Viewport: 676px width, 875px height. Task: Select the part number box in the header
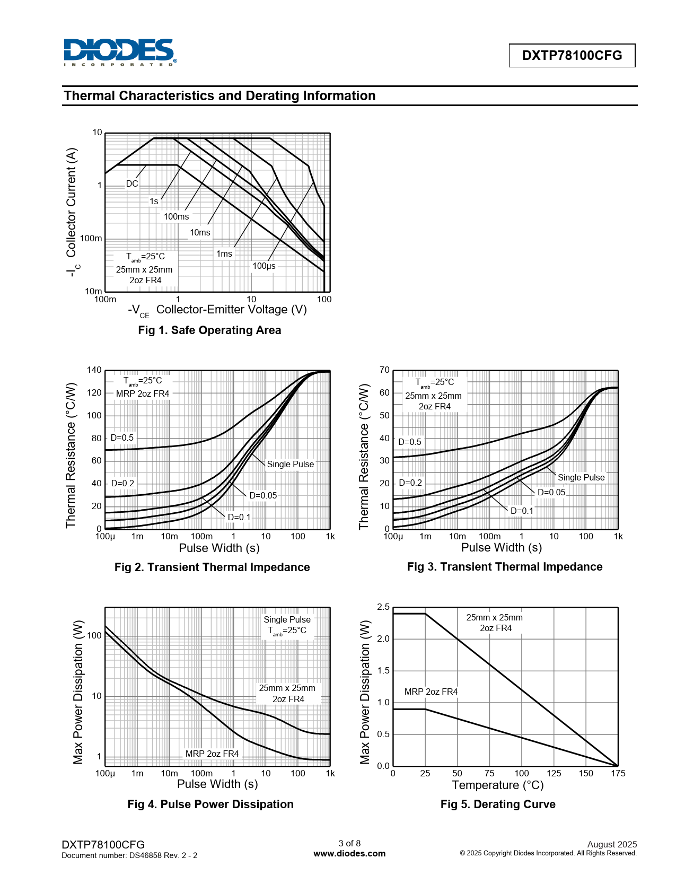pyautogui.click(x=572, y=56)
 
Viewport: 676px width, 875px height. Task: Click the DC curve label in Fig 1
pyautogui.click(x=132, y=184)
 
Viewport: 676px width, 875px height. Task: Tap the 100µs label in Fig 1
pyautogui.click(x=264, y=266)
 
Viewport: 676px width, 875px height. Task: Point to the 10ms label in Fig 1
pyautogui.click(x=200, y=233)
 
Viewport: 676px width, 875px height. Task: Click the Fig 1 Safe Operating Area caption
pyautogui.click(x=209, y=330)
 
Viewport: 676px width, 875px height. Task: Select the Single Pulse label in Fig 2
pyautogui.click(x=290, y=465)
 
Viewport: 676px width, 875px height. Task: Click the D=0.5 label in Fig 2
pyautogui.click(x=122, y=438)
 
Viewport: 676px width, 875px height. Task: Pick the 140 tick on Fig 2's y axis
pyautogui.click(x=94, y=370)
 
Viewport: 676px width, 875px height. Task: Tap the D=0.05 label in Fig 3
pyautogui.click(x=551, y=493)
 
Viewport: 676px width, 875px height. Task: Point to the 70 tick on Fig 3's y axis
pyautogui.click(x=384, y=370)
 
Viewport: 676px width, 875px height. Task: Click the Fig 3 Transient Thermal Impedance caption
pyautogui.click(x=505, y=567)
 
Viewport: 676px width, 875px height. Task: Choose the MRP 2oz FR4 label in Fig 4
pyautogui.click(x=212, y=754)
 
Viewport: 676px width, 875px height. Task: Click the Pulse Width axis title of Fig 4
pyautogui.click(x=217, y=784)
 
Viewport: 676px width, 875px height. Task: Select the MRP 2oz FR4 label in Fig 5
pyautogui.click(x=431, y=692)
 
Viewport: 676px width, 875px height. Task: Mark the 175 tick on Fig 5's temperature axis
pyautogui.click(x=618, y=774)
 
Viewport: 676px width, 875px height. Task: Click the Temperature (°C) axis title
pyautogui.click(x=498, y=785)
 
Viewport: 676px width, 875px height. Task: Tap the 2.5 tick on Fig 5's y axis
pyautogui.click(x=383, y=607)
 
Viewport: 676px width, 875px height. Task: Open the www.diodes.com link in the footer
pyautogui.click(x=349, y=854)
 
